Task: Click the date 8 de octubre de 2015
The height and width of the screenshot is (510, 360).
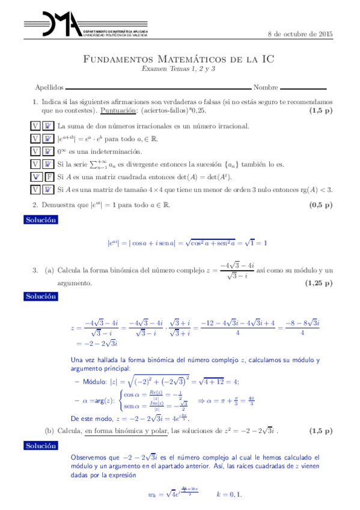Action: (300, 34)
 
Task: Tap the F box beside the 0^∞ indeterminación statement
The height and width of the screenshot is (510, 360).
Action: (47, 151)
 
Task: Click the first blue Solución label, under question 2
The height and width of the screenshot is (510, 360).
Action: (41, 220)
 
